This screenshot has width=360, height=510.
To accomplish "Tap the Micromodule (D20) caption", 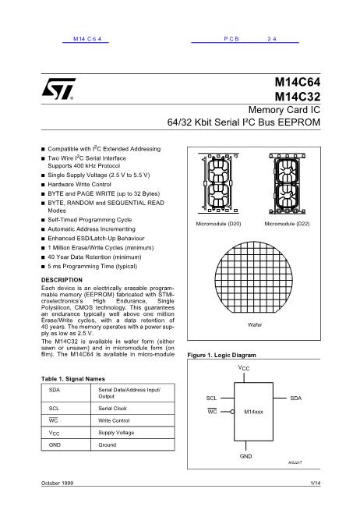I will tap(217, 224).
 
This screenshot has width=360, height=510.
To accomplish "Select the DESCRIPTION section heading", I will tap(61, 278).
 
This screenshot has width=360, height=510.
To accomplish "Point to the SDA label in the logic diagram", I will tap(295, 398).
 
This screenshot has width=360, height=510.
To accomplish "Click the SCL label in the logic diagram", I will tap(211, 398).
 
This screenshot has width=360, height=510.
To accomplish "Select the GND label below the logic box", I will tap(245, 454).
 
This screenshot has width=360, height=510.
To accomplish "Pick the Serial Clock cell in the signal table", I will tap(114, 408).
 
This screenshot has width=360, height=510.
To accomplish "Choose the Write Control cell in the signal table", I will tap(115, 420).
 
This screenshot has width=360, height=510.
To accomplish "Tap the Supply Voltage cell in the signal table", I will tap(116, 432).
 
